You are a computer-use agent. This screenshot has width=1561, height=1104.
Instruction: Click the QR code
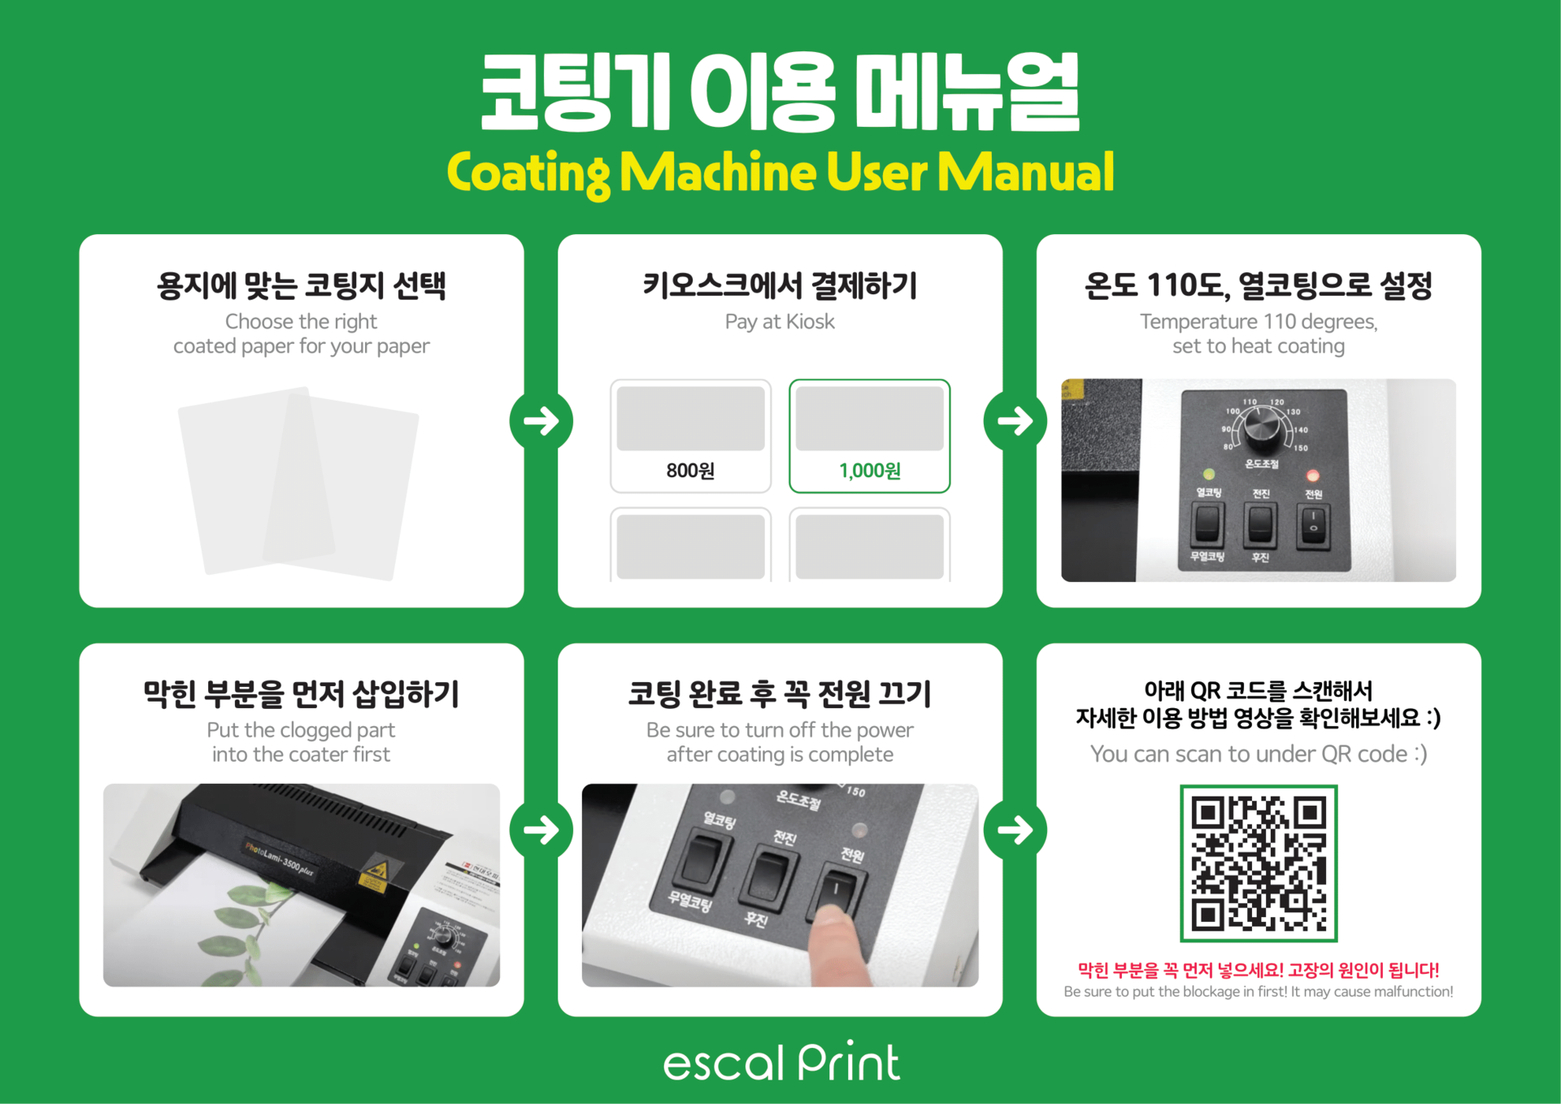coord(1258,863)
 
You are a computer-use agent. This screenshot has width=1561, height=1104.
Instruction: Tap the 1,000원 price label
coord(869,471)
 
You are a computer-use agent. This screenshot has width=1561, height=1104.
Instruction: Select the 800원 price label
coord(690,471)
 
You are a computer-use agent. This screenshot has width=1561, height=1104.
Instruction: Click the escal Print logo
coord(781,1061)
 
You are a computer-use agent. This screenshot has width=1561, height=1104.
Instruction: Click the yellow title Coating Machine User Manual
coord(780,172)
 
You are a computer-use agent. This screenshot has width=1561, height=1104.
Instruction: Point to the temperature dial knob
coord(1261,429)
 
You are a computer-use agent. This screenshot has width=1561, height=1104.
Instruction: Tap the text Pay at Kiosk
coord(780,322)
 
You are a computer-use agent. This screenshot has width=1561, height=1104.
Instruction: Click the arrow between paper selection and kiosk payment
coord(541,421)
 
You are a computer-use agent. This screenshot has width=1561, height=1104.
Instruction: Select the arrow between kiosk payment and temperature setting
coord(1015,421)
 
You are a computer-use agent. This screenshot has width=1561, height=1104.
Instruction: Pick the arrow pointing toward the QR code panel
coord(1015,830)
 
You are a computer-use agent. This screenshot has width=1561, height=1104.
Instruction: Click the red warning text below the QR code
coord(1258,969)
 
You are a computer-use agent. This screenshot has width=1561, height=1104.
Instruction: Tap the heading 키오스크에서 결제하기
coord(780,285)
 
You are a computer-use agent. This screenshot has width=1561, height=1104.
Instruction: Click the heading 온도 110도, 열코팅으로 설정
coord(1258,285)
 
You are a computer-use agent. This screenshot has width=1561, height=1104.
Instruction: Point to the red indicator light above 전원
coord(1312,475)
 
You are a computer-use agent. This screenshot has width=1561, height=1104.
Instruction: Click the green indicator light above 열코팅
coord(1208,474)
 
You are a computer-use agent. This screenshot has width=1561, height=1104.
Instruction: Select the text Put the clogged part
coord(301,730)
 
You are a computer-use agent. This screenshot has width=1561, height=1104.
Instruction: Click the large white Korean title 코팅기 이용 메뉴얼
coord(780,91)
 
